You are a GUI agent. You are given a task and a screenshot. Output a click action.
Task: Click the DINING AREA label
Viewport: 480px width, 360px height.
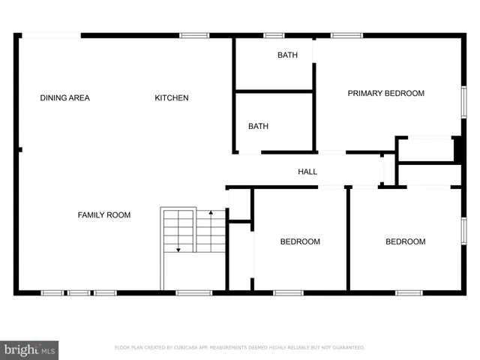tap(64, 97)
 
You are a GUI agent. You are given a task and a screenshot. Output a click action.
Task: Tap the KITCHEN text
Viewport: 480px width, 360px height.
tap(172, 97)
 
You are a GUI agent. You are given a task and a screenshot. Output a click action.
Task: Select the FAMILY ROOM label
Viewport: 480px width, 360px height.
tap(104, 215)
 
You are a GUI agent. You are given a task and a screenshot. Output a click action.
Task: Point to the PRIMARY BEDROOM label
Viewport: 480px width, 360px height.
tap(385, 94)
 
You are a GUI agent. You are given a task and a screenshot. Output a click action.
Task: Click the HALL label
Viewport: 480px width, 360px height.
tap(307, 172)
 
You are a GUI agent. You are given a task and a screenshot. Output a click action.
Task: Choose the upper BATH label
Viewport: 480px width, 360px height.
tap(287, 55)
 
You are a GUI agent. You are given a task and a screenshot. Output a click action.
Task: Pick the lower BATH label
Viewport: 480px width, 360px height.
tap(259, 127)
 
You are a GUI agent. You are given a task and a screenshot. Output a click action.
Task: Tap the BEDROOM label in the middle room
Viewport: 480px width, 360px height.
tap(300, 241)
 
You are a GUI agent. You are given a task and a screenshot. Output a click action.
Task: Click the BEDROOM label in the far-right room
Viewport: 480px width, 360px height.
tap(405, 241)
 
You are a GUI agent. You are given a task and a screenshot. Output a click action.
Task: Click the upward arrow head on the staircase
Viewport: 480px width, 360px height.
tap(211, 214)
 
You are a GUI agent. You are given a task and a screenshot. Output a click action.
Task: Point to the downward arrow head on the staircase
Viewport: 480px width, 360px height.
tap(178, 250)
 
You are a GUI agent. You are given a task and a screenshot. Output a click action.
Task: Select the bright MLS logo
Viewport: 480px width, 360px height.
tap(29, 349)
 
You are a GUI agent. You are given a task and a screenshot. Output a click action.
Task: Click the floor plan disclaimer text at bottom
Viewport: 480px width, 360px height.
tap(239, 348)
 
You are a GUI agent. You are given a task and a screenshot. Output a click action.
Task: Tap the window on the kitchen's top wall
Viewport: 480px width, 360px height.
tap(194, 35)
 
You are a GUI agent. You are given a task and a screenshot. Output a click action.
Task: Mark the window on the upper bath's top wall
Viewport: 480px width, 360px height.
tap(274, 35)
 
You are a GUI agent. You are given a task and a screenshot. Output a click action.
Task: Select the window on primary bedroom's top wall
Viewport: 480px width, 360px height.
tap(346, 35)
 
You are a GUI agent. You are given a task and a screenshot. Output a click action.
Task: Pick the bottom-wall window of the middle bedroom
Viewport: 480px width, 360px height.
tap(288, 292)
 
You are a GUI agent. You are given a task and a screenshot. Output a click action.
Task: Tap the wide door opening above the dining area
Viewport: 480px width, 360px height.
tap(51, 35)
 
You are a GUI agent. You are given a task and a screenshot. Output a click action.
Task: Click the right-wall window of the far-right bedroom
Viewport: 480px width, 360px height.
tap(463, 230)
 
